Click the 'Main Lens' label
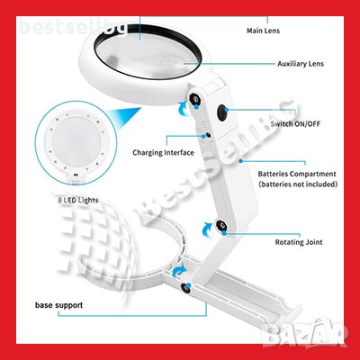pyautogui.click(x=263, y=31)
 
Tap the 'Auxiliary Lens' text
pyautogui.click(x=301, y=64)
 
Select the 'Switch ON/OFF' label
pyautogui.click(x=295, y=123)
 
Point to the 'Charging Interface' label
pyautogui.click(x=163, y=153)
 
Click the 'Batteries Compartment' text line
pyautogui.click(x=297, y=174)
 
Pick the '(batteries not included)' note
pyautogui.click(x=298, y=184)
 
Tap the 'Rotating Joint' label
pyautogui.click(x=299, y=242)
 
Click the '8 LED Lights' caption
pyautogui.click(x=78, y=200)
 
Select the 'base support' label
pyautogui.click(x=58, y=305)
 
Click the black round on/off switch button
pyautogui.click(x=222, y=112)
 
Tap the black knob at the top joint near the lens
pyautogui.click(x=195, y=99)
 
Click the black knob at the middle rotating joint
pyautogui.click(x=221, y=225)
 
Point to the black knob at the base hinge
pyautogui.click(x=185, y=288)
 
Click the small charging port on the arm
pyautogui.click(x=207, y=135)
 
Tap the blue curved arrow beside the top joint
pyautogui.click(x=184, y=109)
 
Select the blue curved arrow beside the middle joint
pyautogui.click(x=208, y=229)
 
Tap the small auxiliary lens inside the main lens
pyautogui.click(x=175, y=64)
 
